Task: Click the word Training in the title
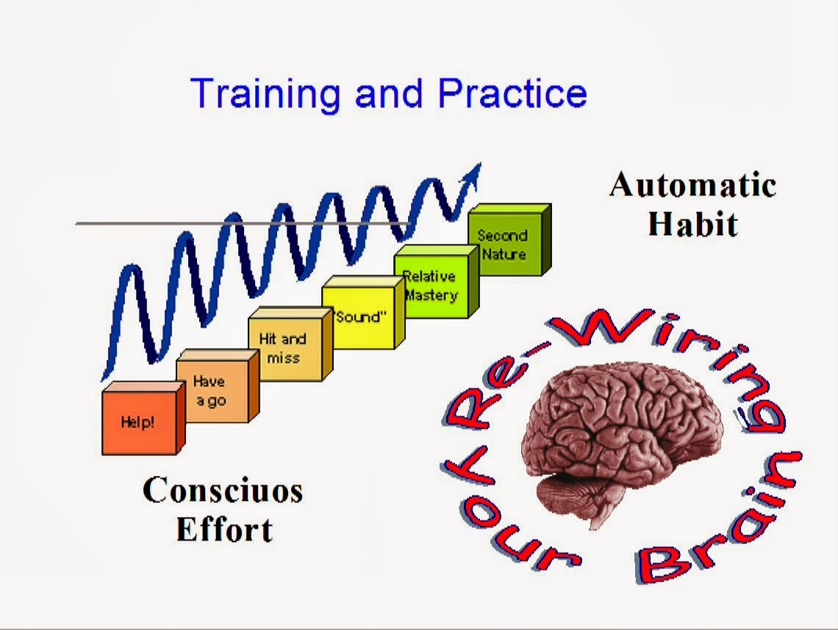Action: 265,95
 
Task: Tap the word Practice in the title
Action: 512,93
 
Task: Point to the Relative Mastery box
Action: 436,282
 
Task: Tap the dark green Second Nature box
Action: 509,239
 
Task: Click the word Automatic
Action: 692,185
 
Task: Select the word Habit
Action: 693,224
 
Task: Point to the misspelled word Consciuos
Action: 223,490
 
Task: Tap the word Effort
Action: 225,529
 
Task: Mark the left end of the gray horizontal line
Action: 76,224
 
